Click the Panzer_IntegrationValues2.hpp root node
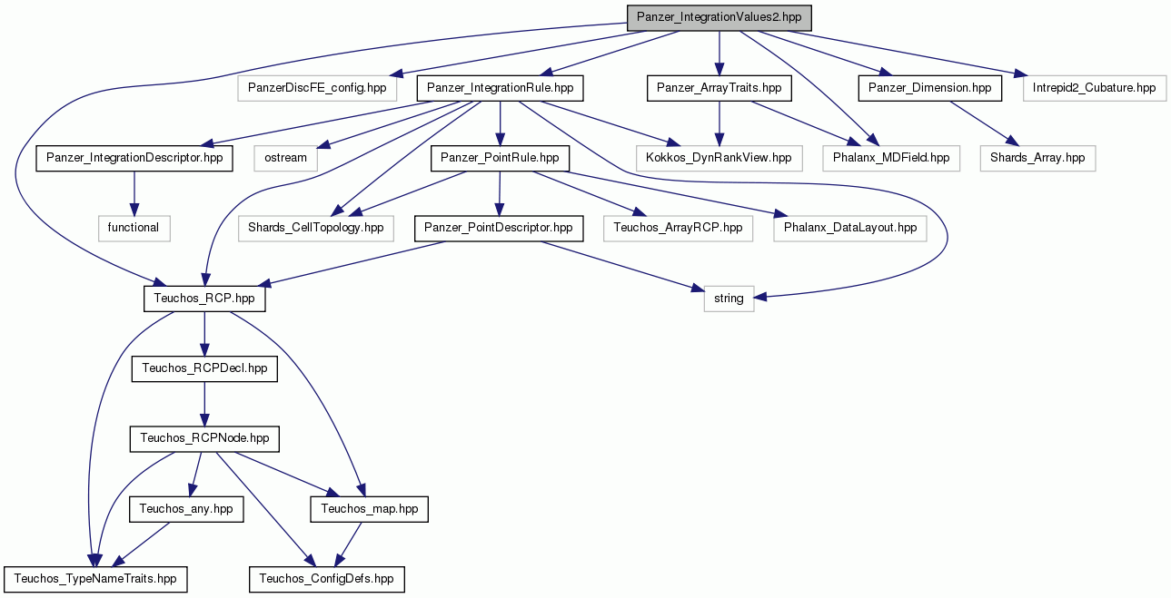(x=719, y=18)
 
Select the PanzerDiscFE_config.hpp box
(x=317, y=88)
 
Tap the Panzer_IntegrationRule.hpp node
(x=500, y=88)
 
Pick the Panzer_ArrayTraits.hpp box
(x=719, y=88)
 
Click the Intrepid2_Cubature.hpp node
(x=1094, y=88)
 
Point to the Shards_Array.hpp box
(x=1037, y=158)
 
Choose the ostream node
(x=285, y=158)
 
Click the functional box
(x=134, y=229)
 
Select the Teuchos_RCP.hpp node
(x=204, y=299)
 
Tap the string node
(x=729, y=299)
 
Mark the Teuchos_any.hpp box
(x=186, y=509)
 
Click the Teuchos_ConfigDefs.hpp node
(x=327, y=579)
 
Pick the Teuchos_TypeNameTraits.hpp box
(x=95, y=579)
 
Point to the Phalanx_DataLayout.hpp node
(x=850, y=229)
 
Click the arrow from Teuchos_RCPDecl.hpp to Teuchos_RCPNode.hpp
(x=204, y=404)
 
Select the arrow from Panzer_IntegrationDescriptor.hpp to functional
(x=134, y=193)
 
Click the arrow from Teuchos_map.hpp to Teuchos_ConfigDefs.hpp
(x=348, y=544)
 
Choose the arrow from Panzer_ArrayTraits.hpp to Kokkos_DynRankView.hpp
(x=719, y=123)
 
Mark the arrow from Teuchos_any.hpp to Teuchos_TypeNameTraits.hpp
(x=141, y=544)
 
